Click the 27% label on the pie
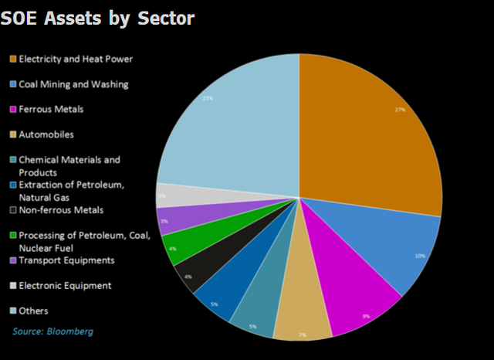(400, 110)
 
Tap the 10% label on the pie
(419, 256)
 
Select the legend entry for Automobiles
(46, 134)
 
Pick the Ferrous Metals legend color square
(12, 110)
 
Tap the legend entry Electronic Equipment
(65, 285)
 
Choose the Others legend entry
(34, 311)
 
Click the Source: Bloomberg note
(54, 331)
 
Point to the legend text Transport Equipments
(66, 260)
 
